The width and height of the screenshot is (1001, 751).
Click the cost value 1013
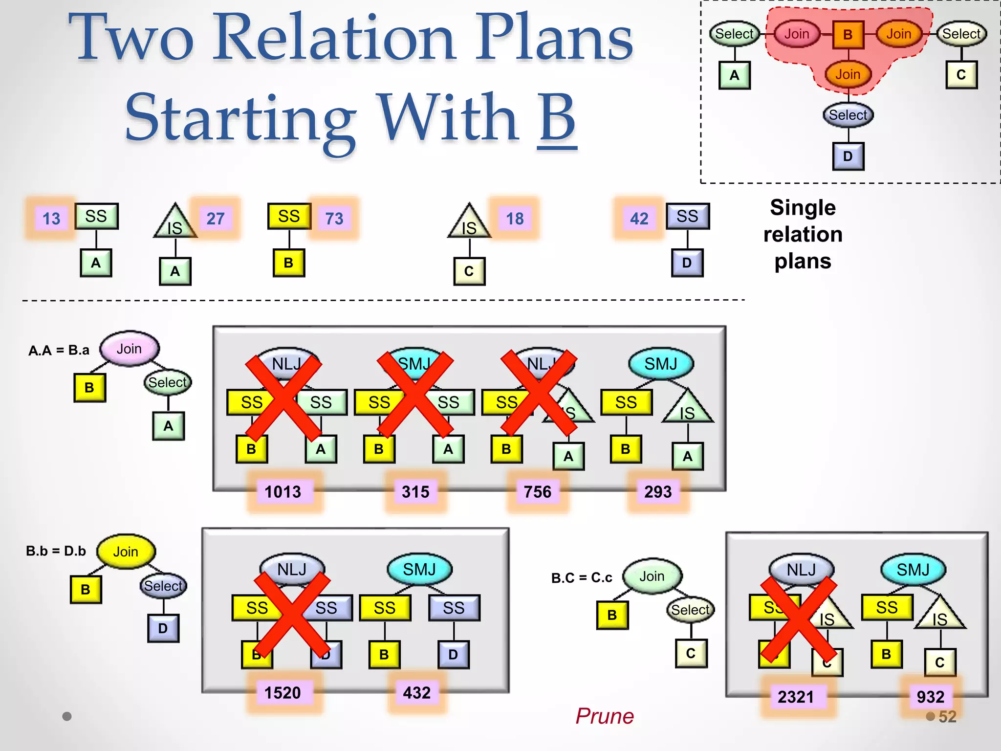coord(283,491)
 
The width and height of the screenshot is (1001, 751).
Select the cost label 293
coord(658,491)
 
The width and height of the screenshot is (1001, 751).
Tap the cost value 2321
coord(796,697)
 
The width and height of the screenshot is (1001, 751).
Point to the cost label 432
coord(416,693)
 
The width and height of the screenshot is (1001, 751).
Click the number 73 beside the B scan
coord(334,218)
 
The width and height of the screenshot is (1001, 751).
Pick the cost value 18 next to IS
coord(515,218)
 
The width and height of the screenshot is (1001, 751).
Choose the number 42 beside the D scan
coord(639,218)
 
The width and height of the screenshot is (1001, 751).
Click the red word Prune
coord(604,716)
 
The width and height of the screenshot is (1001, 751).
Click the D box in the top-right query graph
coord(848,156)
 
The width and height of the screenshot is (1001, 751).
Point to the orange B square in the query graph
coord(848,35)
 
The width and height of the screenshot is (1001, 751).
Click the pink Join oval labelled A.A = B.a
coord(129,349)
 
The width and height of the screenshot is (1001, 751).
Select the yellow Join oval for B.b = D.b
coord(126,552)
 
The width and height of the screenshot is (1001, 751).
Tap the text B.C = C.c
coord(582,578)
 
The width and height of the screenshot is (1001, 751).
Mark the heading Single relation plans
coord(803,234)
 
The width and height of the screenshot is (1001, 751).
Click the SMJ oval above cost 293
coord(661,364)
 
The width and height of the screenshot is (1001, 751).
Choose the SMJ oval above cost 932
coord(913,570)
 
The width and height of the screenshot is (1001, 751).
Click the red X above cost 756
coord(539,393)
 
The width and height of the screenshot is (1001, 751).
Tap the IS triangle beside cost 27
coord(175,223)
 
